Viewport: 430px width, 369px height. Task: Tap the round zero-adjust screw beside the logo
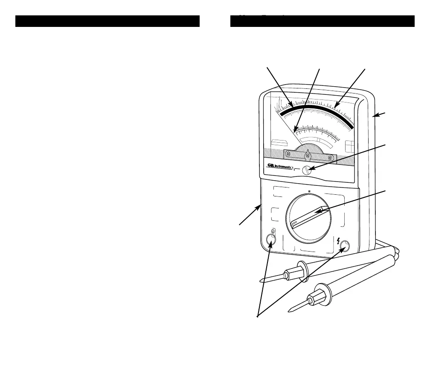pyautogui.click(x=306, y=170)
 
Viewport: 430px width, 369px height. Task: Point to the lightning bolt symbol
pyautogui.click(x=338, y=240)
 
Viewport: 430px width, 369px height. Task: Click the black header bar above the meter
pyautogui.click(x=322, y=21)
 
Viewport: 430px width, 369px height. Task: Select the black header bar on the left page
pyautogui.click(x=107, y=21)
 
